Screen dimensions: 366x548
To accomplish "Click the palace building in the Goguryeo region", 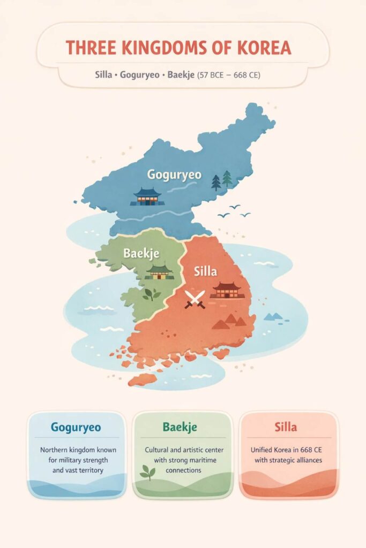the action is point(147,196).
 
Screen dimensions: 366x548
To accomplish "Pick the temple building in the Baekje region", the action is point(160,271).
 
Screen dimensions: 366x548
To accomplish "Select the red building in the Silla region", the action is point(227,290).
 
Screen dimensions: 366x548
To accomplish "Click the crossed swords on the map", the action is point(195,299).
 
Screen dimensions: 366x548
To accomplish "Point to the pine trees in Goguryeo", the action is point(222,180).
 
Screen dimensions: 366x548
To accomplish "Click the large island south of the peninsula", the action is point(143,379).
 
